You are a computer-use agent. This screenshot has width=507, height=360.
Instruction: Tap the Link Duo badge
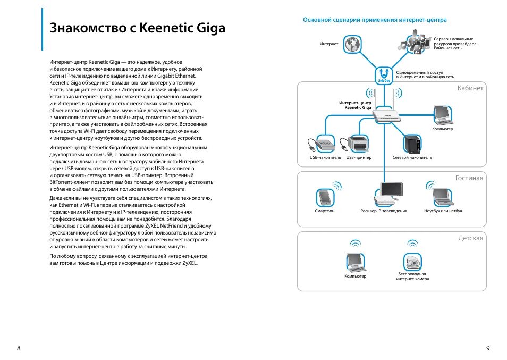tap(383, 75)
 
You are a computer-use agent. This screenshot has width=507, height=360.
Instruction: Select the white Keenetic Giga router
tap(385, 115)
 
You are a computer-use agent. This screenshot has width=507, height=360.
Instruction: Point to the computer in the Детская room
tap(354, 260)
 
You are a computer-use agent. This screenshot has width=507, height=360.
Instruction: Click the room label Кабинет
tap(470, 88)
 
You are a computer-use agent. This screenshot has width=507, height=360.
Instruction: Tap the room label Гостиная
tap(469, 178)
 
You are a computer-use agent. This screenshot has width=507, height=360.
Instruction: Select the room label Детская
tap(471, 238)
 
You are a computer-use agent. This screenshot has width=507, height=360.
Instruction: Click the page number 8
tap(19, 348)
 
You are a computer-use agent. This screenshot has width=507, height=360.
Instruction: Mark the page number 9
tap(488, 348)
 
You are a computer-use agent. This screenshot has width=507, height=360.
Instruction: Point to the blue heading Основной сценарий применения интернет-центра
tap(375, 20)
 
